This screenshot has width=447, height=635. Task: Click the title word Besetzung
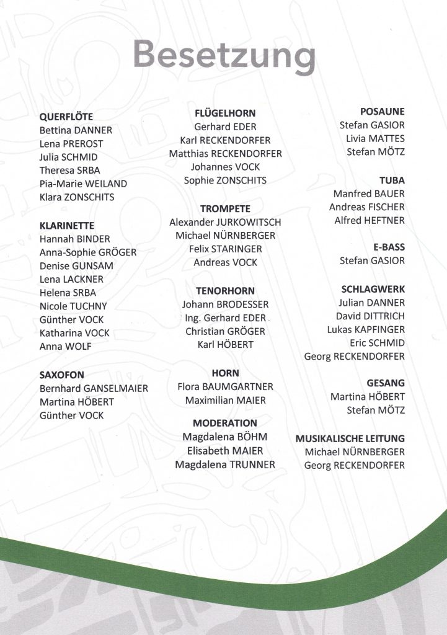click(x=224, y=55)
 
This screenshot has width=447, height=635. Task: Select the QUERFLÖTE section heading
click(x=66, y=117)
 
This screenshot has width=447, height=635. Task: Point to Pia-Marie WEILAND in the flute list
click(x=83, y=184)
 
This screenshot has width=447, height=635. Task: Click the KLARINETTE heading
click(x=67, y=226)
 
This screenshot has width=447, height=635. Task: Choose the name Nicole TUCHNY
click(x=73, y=306)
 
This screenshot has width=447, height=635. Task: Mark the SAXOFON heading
click(x=62, y=375)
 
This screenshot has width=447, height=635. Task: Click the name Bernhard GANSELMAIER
click(x=94, y=389)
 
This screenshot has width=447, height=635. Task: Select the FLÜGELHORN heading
click(x=225, y=113)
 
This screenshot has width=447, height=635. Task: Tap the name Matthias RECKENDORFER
click(x=225, y=154)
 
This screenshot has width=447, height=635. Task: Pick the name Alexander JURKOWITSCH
click(x=225, y=222)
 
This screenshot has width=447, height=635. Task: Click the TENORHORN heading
click(x=225, y=291)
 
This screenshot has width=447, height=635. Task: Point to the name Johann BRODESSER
click(x=225, y=304)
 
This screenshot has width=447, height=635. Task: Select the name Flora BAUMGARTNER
click(x=225, y=387)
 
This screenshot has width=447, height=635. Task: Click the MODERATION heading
click(x=225, y=424)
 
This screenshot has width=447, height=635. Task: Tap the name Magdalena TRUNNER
click(x=225, y=464)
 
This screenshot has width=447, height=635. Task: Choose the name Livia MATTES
click(x=375, y=138)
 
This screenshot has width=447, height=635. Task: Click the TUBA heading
click(x=392, y=180)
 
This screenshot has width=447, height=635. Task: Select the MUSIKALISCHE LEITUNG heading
click(x=350, y=438)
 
